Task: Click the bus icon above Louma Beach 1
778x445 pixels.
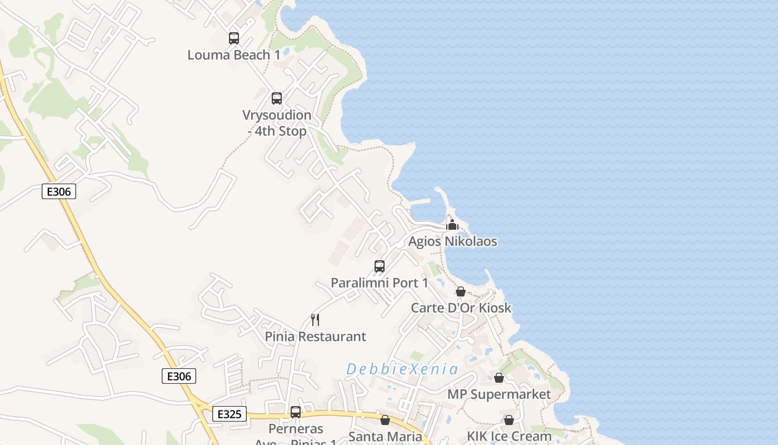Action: [x=234, y=38]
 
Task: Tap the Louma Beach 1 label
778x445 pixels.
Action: [x=234, y=55]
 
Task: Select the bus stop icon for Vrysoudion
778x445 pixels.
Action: [x=277, y=98]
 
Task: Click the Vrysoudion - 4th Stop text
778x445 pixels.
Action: [x=277, y=123]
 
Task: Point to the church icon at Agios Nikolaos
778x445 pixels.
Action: [x=452, y=225]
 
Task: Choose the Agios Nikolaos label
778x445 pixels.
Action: [x=452, y=241]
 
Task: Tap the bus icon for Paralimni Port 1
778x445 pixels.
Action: [x=380, y=266]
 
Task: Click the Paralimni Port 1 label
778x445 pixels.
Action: [x=380, y=283]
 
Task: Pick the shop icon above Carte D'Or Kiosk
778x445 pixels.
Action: [x=461, y=291]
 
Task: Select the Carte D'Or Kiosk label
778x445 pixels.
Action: [x=461, y=308]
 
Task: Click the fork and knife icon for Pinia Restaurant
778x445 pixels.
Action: [x=315, y=320]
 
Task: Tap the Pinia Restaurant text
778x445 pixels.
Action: [x=315, y=337]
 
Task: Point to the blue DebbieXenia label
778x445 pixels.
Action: [x=402, y=369]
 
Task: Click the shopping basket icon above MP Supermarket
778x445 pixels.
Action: [x=499, y=378]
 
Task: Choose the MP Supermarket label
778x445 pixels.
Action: [x=499, y=394]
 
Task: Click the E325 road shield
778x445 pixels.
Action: [x=229, y=414]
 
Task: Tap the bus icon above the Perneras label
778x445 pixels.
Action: [x=296, y=412]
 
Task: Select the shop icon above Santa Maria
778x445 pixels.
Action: [x=385, y=420]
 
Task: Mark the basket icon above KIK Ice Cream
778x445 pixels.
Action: [x=509, y=420]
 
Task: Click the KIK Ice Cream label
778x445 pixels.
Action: [x=509, y=436]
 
